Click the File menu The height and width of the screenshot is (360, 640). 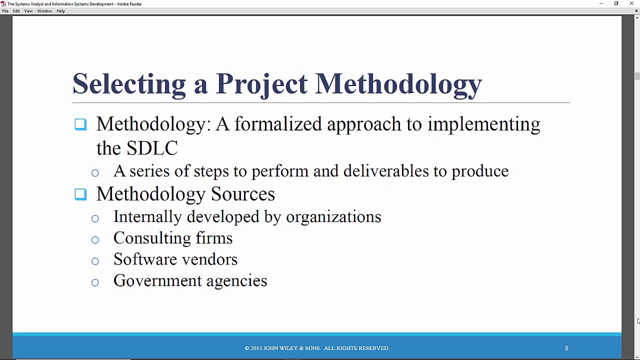5,11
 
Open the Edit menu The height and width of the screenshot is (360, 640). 16,11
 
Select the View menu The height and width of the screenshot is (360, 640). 28,11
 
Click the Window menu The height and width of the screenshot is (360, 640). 44,11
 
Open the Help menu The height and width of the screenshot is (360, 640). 60,11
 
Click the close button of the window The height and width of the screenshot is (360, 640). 631,3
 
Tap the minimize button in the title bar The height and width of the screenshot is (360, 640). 601,3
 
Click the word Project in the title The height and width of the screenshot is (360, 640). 261,84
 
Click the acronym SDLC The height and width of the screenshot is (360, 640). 152,148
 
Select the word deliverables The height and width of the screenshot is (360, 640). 386,171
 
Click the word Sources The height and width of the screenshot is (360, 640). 243,194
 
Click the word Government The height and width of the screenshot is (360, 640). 157,281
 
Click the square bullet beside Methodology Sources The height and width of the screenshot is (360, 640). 80,194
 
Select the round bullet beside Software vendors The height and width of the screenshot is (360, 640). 95,261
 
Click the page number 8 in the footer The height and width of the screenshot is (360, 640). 566,348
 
